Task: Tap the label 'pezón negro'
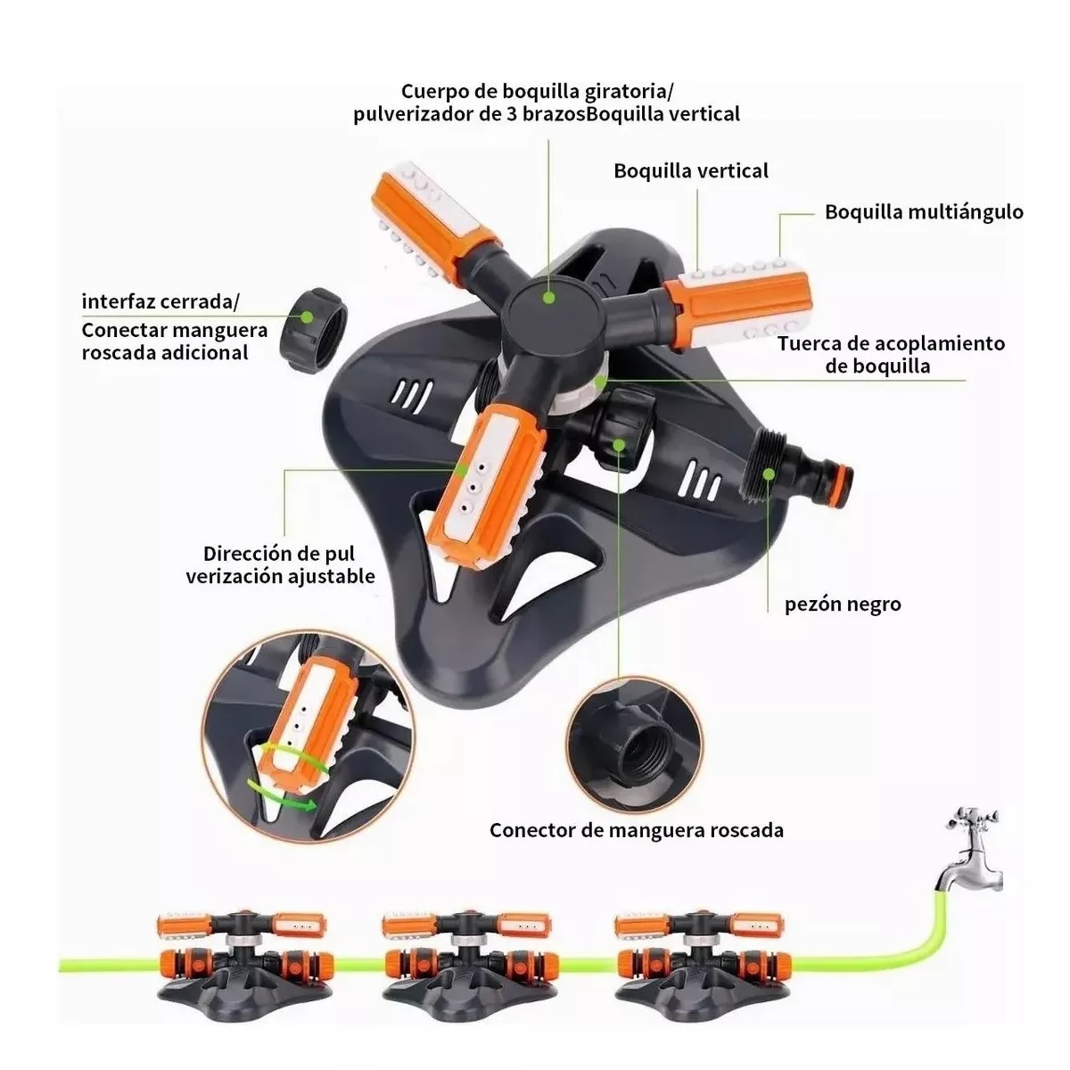click(x=843, y=605)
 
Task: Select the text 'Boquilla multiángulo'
click(x=924, y=212)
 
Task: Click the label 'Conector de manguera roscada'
click(x=637, y=831)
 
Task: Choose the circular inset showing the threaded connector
click(x=637, y=745)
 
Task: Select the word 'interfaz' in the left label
click(x=119, y=302)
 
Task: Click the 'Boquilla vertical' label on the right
click(x=691, y=171)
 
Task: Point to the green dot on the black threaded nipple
click(x=769, y=473)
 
